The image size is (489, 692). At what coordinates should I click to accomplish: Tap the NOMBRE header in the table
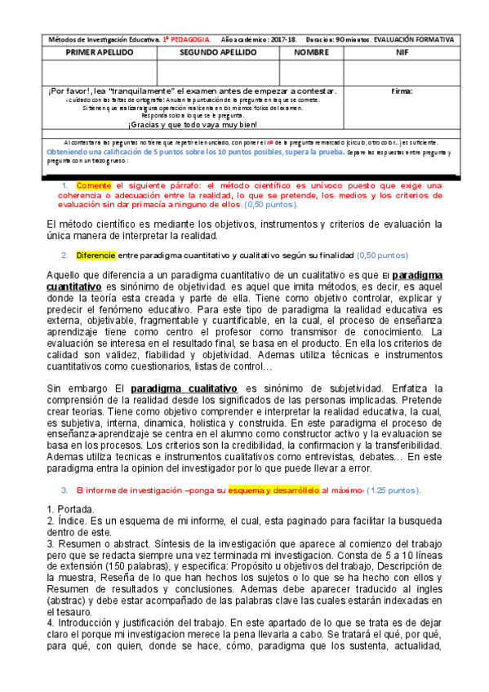312,51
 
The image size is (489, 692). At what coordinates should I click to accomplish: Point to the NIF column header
402,51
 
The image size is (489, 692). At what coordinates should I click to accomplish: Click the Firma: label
402,91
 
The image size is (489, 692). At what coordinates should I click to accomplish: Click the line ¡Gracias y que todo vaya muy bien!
193,124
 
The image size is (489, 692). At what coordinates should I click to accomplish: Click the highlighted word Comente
94,186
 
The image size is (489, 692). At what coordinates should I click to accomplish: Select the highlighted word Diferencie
96,255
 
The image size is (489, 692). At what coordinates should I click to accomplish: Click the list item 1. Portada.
70,509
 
